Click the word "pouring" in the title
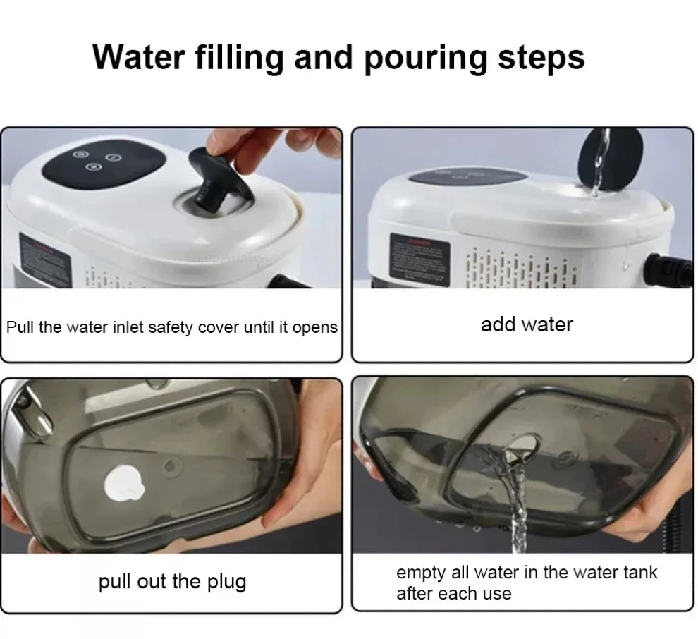(x=426, y=58)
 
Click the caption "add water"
(x=527, y=324)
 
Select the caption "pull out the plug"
(x=172, y=582)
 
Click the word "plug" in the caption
(x=225, y=583)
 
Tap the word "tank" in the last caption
(x=637, y=573)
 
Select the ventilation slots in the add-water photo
(x=522, y=268)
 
